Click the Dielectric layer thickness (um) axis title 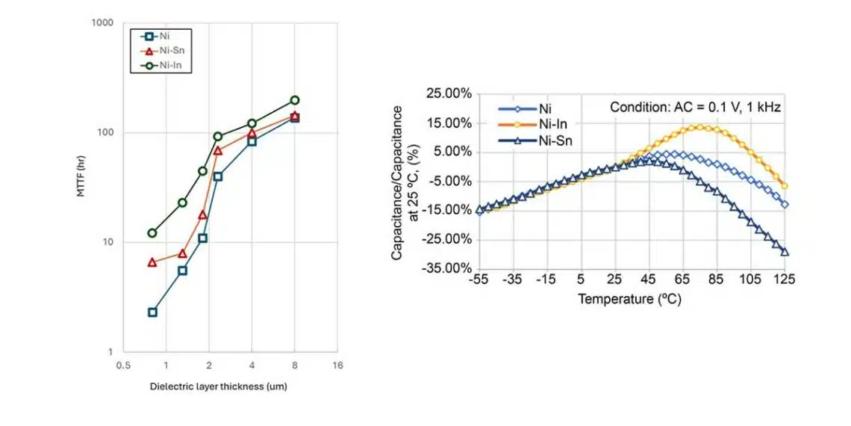[218, 386]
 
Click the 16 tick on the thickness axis [337, 365]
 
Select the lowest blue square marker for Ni [152, 312]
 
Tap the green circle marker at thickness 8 [295, 100]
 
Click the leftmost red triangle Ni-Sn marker [152, 262]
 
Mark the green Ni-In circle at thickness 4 [252, 123]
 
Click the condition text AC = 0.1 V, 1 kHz [695, 108]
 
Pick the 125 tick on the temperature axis [785, 280]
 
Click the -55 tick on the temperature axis [479, 280]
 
